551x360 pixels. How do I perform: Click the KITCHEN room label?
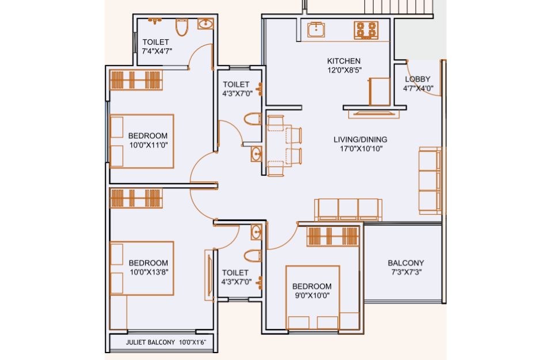click(344, 61)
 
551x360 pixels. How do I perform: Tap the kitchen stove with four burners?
click(366, 30)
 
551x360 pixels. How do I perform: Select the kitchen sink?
click(316, 30)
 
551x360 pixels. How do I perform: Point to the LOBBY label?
click(417, 79)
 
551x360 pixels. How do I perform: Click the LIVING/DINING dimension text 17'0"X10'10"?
click(361, 149)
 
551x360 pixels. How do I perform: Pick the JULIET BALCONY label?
click(150, 342)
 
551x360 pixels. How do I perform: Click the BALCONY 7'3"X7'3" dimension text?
click(406, 272)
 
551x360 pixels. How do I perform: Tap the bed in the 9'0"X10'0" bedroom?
click(313, 297)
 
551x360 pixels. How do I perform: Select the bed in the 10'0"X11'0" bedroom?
click(142, 141)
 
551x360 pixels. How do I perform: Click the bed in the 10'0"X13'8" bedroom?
click(142, 268)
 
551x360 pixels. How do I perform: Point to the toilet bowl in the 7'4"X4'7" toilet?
click(182, 28)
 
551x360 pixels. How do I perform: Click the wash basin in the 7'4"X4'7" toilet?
click(205, 24)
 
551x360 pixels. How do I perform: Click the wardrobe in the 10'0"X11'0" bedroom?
click(136, 81)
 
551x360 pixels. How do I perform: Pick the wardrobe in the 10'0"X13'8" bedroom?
click(136, 198)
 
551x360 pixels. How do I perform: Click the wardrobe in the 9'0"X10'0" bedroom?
click(332, 236)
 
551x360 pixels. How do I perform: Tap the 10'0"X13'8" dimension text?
click(149, 272)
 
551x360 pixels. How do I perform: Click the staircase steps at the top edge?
click(399, 7)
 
